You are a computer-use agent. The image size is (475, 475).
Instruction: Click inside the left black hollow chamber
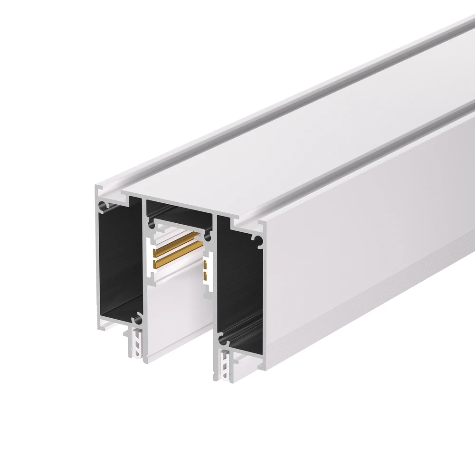click(x=119, y=266)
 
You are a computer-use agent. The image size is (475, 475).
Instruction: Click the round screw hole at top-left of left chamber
click(x=101, y=206)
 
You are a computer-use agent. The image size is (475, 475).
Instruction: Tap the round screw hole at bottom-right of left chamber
click(x=137, y=316)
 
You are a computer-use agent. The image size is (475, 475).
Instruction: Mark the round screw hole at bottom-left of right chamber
click(x=221, y=340)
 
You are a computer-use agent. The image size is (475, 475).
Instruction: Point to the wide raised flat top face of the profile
click(x=285, y=142)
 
